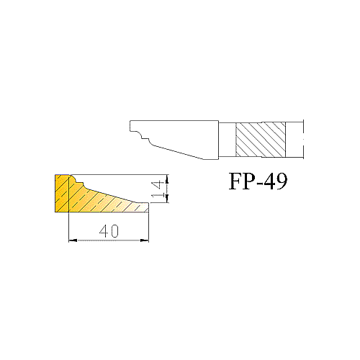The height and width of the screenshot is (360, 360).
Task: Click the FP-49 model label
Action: click(258, 181)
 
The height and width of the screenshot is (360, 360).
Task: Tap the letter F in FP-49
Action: click(235, 181)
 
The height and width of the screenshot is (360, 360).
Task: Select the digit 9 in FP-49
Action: click(282, 181)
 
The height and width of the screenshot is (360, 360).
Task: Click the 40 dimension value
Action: click(109, 231)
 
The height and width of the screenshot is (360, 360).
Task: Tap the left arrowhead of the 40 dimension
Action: click(73, 240)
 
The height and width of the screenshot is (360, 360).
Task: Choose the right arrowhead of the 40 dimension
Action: click(145, 240)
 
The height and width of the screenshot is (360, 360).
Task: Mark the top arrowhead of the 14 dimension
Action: click(167, 179)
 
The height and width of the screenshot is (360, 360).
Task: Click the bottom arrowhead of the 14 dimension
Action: click(167, 198)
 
